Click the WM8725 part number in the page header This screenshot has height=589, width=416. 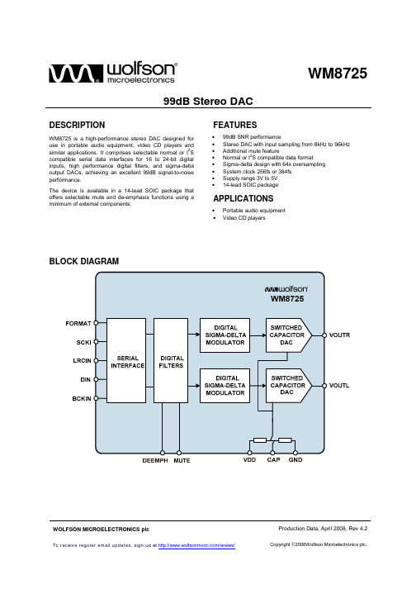point(338,74)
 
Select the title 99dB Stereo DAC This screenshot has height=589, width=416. point(208,101)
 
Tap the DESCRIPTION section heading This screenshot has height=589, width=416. point(77,125)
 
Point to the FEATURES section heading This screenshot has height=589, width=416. point(235,125)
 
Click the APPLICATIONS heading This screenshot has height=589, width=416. point(243,198)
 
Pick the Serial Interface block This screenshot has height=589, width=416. point(126,361)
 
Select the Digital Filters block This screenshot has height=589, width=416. point(171,361)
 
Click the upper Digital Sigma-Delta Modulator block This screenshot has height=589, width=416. point(225,335)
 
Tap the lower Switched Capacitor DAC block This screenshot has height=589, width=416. point(288,386)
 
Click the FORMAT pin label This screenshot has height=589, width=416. point(78,324)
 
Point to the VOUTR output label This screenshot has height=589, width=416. point(339,335)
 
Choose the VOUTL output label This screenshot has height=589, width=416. point(339,386)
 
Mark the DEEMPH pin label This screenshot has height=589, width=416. point(155,460)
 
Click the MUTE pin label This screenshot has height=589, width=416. point(182,460)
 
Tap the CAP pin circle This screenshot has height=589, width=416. point(272,453)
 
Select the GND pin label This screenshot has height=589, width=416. point(295,460)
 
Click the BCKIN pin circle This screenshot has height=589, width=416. point(96,398)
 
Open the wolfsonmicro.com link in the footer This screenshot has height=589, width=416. point(196,545)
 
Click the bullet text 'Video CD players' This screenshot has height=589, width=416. point(244,218)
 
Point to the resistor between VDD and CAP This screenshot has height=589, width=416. point(260,440)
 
